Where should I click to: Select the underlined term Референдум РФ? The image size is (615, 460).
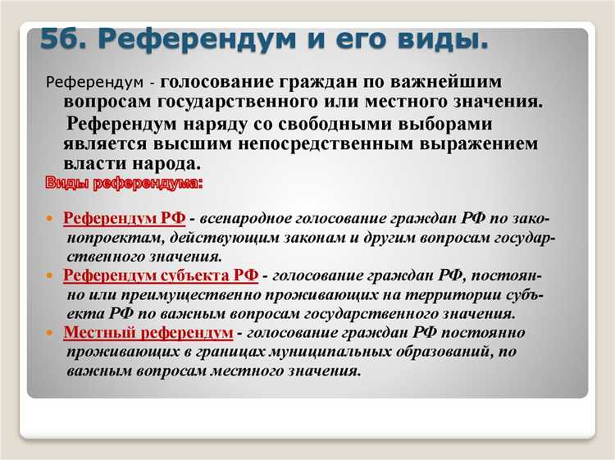[125, 220]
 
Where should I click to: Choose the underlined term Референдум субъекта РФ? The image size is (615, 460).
[161, 276]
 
